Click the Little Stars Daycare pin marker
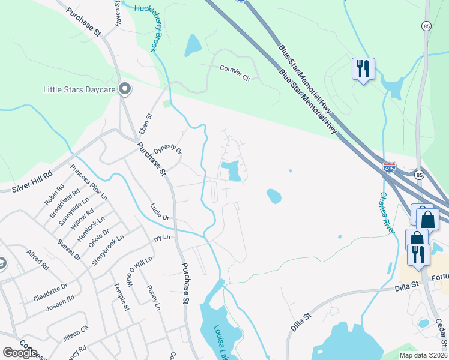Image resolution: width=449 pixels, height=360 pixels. coord(125,89)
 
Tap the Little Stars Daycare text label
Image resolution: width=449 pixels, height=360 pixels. coord(79,90)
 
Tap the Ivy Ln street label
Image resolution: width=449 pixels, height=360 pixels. coord(162,238)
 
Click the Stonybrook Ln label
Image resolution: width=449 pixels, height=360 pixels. coord(107,251)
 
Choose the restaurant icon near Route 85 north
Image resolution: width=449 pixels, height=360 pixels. coord(363,70)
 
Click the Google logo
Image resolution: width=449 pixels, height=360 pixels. coord(20,353)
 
